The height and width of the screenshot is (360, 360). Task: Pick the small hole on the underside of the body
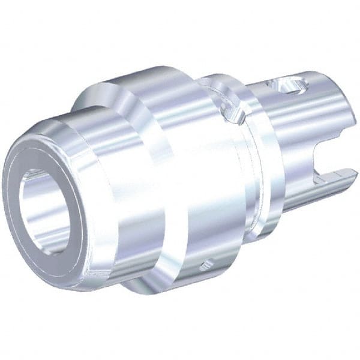208,262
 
